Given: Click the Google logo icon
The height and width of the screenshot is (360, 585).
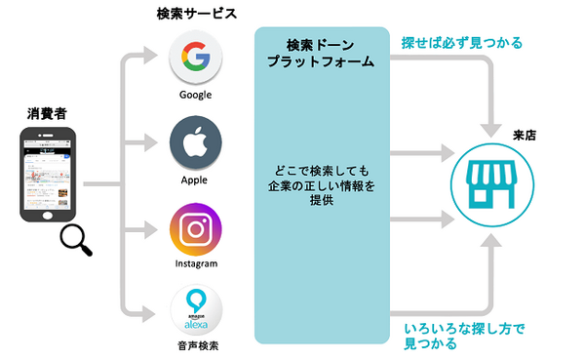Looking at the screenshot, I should pyautogui.click(x=195, y=60).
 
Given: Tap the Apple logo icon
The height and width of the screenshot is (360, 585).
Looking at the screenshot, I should pyautogui.click(x=195, y=142).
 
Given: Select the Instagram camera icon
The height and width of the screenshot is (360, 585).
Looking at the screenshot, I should pyautogui.click(x=195, y=229).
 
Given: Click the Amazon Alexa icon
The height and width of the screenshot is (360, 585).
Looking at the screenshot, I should pyautogui.click(x=195, y=309).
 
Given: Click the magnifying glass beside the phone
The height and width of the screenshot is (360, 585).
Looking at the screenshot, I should pyautogui.click(x=77, y=240).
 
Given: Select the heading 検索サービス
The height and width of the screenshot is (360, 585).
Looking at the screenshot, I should pyautogui.click(x=196, y=14).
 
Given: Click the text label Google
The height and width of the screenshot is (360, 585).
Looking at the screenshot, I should pyautogui.click(x=195, y=95).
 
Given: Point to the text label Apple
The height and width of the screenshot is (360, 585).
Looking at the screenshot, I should pyautogui.click(x=195, y=180).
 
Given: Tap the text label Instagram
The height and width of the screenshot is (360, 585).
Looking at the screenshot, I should pyautogui.click(x=195, y=263).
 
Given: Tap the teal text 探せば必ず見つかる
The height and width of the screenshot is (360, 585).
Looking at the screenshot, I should pyautogui.click(x=461, y=43).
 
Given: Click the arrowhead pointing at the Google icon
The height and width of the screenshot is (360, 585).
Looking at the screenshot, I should pyautogui.click(x=156, y=57).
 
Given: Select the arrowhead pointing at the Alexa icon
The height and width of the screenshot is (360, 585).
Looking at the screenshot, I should pyautogui.click(x=156, y=312).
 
